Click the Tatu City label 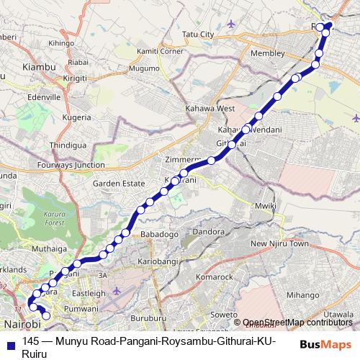[199, 34]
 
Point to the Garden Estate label [114, 183]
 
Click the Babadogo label [159, 234]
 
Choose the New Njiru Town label [279, 244]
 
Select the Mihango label [302, 294]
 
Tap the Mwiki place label [266, 206]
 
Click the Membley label [264, 54]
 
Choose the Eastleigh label [89, 293]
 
